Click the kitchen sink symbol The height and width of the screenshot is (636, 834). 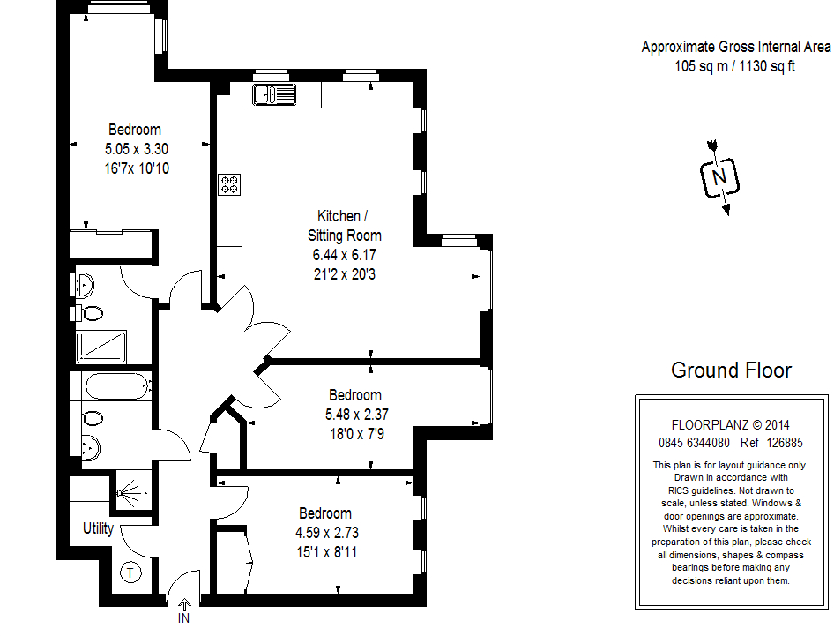tap(274, 94)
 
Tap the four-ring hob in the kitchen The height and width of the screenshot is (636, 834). tap(230, 184)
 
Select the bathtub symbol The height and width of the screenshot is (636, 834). tap(117, 386)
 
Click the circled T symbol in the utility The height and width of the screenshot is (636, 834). tap(130, 572)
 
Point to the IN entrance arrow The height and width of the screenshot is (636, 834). tap(184, 605)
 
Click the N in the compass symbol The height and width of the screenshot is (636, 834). tap(719, 176)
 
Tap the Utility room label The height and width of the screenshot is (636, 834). tap(99, 528)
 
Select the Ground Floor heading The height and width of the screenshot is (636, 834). tap(732, 370)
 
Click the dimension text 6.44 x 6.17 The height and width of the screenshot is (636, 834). tap(344, 255)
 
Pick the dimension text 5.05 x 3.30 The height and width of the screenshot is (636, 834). tap(137, 149)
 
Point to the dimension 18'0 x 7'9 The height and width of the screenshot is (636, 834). tap(357, 434)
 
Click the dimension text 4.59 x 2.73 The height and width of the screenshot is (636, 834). tap(327, 533)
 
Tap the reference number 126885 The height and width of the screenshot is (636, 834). tap(785, 443)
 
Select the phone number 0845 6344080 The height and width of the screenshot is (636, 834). tap(695, 443)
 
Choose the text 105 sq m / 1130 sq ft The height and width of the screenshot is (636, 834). tap(735, 66)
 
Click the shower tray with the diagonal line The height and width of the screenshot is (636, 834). tap(101, 347)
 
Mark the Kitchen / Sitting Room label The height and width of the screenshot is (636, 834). tap(344, 226)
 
